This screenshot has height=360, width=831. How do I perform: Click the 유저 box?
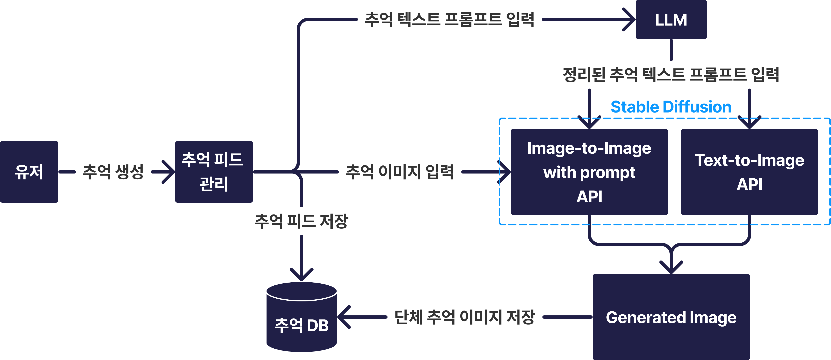point(29,172)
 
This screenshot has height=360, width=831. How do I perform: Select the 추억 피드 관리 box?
point(214,172)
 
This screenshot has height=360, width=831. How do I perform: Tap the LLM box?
point(671,20)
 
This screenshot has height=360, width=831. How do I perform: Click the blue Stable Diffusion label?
point(671,107)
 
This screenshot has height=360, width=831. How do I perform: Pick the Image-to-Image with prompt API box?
point(589,172)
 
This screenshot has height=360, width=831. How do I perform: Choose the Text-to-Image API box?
point(749,172)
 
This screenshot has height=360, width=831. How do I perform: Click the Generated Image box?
point(671,317)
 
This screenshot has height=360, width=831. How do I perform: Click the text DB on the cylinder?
point(318,325)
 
